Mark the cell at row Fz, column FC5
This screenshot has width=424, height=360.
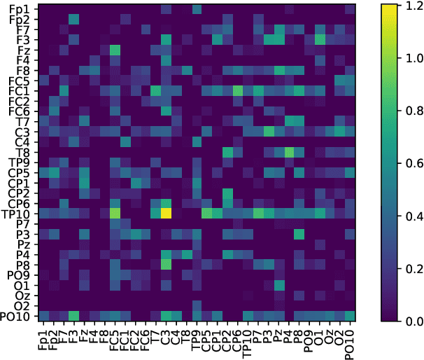pyautogui.click(x=115, y=50)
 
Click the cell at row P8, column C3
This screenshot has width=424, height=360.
pyautogui.click(x=166, y=264)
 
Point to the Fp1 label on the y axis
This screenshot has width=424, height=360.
pyautogui.click(x=19, y=9)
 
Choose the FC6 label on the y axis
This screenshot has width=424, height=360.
pyautogui.click(x=19, y=111)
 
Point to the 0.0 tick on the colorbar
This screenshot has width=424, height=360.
pyautogui.click(x=408, y=320)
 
